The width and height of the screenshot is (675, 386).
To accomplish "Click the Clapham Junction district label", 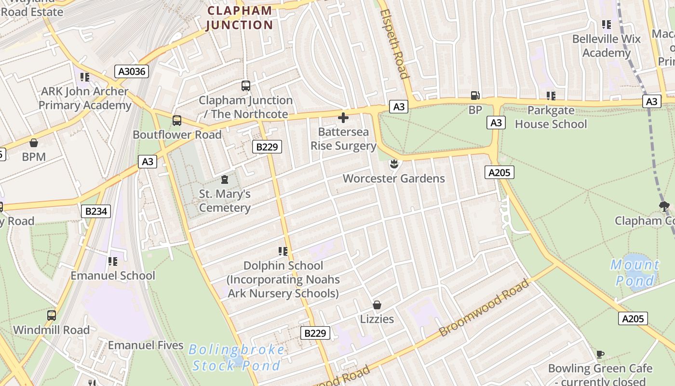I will click(x=240, y=18).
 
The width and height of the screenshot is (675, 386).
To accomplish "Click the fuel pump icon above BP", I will click(x=475, y=96).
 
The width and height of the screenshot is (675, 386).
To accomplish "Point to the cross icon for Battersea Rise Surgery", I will click(x=343, y=117).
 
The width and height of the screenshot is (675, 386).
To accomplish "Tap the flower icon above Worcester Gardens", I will click(x=394, y=164).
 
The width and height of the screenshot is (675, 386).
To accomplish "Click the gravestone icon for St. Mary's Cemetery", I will click(x=224, y=179).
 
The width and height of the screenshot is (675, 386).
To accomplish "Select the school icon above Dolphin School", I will click(x=283, y=251).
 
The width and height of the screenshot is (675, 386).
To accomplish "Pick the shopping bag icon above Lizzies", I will click(x=377, y=305).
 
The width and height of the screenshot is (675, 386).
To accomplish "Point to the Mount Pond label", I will click(x=635, y=273).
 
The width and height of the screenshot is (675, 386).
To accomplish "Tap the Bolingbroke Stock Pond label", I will click(x=236, y=358).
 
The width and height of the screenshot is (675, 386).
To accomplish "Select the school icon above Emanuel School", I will click(x=113, y=261).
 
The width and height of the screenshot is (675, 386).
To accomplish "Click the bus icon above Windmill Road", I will click(x=51, y=316).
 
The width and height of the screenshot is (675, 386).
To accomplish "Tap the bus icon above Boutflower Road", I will click(x=177, y=120).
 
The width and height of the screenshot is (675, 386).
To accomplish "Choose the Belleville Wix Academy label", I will click(x=607, y=46).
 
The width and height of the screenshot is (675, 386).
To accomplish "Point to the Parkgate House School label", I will click(x=551, y=117).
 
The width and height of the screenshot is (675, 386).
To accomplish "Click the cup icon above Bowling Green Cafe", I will click(x=600, y=354).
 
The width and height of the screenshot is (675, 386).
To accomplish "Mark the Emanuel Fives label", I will click(x=146, y=345).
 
